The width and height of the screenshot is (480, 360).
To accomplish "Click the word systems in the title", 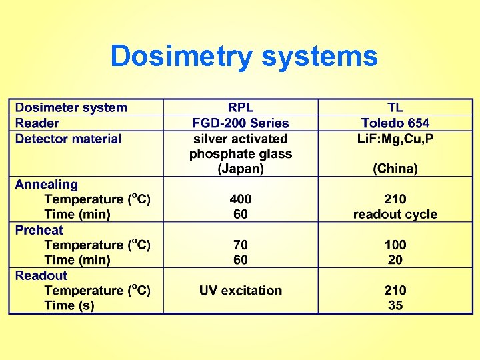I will tap(319, 56).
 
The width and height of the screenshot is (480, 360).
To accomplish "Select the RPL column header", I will tap(241, 107).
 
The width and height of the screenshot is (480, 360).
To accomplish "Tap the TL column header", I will tap(395, 107).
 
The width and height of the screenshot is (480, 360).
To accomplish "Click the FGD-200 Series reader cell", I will tap(241, 123).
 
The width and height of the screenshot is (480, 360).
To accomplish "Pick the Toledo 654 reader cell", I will tap(395, 123).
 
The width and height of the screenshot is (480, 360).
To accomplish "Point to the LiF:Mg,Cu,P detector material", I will tap(395, 139).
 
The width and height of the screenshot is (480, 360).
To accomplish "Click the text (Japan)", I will tap(241, 169).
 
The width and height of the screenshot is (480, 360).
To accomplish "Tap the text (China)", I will tap(395, 169).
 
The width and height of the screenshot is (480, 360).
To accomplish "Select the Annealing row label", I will tap(47, 184).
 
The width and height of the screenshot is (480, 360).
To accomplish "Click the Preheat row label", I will tap(39, 230).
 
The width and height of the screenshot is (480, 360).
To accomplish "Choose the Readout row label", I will tap(41, 275).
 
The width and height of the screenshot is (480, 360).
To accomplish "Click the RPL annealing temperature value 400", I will tap(241, 199).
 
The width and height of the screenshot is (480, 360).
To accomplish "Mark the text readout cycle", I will tap(395, 215).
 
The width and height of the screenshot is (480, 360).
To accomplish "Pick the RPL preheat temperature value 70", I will tap(241, 245).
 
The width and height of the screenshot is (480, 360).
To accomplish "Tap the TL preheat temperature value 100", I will tap(395, 245).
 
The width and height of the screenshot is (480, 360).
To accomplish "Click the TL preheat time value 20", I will tap(395, 260).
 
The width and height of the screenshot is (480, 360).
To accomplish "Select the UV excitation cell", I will tap(241, 291).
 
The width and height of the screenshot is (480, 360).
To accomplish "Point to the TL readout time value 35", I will tap(395, 306).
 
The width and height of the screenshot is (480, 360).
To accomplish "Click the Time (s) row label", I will tap(69, 306).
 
